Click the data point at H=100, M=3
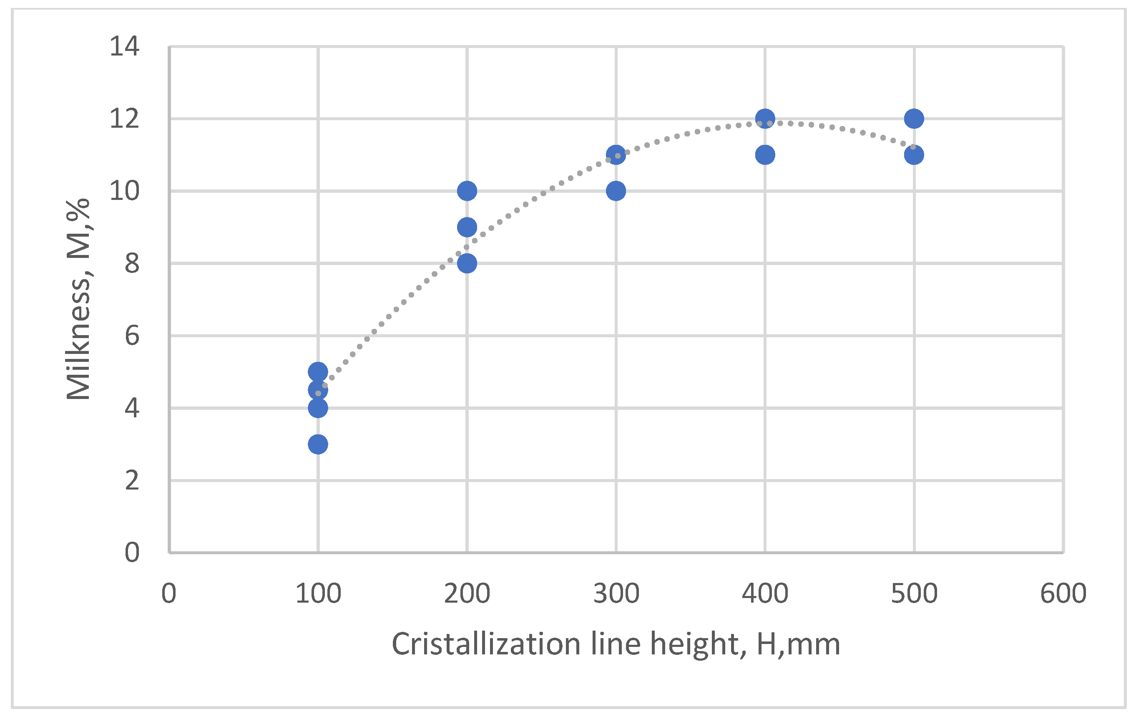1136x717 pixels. (x=318, y=444)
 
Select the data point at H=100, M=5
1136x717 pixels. (x=318, y=372)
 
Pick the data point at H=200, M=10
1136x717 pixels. (x=467, y=191)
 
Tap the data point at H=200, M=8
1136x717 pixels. (x=467, y=263)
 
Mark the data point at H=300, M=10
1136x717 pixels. (x=616, y=191)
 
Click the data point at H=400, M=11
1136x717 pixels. (x=765, y=155)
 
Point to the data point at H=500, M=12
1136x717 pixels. (x=914, y=119)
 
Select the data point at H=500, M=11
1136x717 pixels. (x=914, y=155)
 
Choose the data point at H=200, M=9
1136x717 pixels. (x=467, y=227)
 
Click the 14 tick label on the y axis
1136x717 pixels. (x=125, y=47)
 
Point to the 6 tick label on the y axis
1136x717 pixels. (x=132, y=336)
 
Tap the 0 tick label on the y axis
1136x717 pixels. (x=132, y=553)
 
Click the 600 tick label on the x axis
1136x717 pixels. (x=1063, y=594)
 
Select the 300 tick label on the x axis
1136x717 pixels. (x=616, y=594)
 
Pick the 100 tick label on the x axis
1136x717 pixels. (x=318, y=594)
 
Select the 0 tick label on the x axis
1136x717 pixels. (x=169, y=594)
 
